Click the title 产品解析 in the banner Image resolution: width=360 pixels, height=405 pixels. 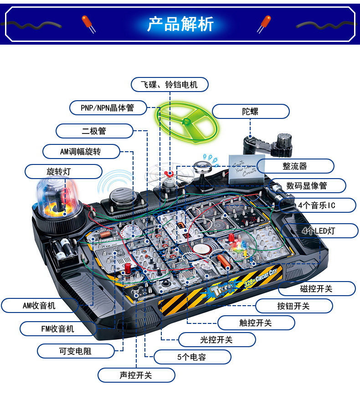tap(180, 24)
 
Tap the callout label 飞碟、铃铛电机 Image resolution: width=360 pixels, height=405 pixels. tap(170, 85)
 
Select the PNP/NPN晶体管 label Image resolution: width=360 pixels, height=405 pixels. tap(108, 108)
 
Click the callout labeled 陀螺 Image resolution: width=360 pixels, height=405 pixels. tap(250, 111)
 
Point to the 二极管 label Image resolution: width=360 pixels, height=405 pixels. tap(94, 131)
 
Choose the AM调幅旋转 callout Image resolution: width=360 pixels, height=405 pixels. tap(81, 151)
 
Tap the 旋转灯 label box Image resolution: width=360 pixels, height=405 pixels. tap(63, 171)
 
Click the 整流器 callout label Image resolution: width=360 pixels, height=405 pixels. tap(295, 166)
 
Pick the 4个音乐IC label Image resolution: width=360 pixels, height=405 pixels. tap(317, 205)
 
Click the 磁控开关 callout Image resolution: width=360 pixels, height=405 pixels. tap(316, 288)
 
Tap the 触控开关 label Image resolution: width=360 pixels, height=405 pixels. tap(256, 323)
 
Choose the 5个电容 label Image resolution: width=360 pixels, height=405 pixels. tap(191, 357)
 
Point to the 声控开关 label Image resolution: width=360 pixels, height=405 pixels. tap(136, 375)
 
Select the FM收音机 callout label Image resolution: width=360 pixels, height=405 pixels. tap(55, 328)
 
